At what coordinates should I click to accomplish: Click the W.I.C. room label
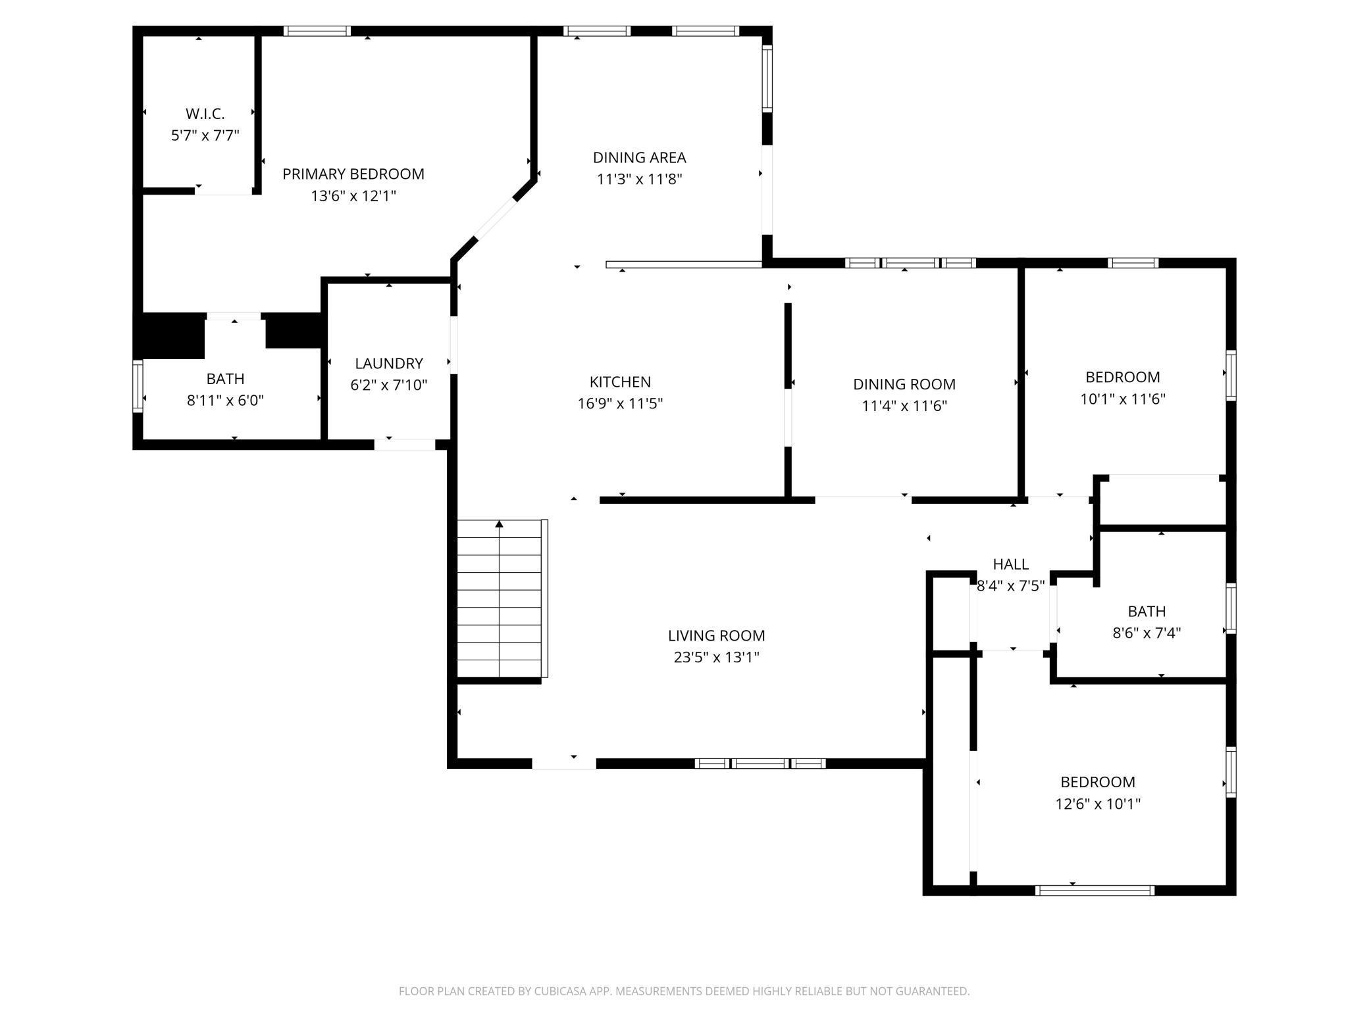pos(205,114)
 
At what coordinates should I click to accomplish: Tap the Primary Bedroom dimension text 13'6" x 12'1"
pos(353,196)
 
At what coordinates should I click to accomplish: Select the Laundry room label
pos(389,363)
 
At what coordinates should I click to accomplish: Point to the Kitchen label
pos(620,381)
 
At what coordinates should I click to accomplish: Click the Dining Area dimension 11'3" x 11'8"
pos(640,179)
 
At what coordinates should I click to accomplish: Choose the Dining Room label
pos(904,384)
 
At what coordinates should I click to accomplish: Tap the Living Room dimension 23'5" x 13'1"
pos(717,657)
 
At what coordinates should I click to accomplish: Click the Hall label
pos(1011,564)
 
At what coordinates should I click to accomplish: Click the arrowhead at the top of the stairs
pos(500,524)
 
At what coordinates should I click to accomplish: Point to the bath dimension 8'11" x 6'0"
pos(226,401)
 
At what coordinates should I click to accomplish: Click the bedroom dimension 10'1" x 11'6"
pos(1123,399)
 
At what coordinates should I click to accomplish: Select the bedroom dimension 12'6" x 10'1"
pos(1098,804)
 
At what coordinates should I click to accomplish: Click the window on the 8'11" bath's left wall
pos(138,386)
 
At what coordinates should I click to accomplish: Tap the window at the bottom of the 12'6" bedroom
pos(1095,891)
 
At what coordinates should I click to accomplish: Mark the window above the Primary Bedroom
pos(317,31)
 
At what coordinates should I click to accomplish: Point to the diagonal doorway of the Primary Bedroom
pos(496,219)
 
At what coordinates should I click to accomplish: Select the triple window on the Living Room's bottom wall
pos(760,764)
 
